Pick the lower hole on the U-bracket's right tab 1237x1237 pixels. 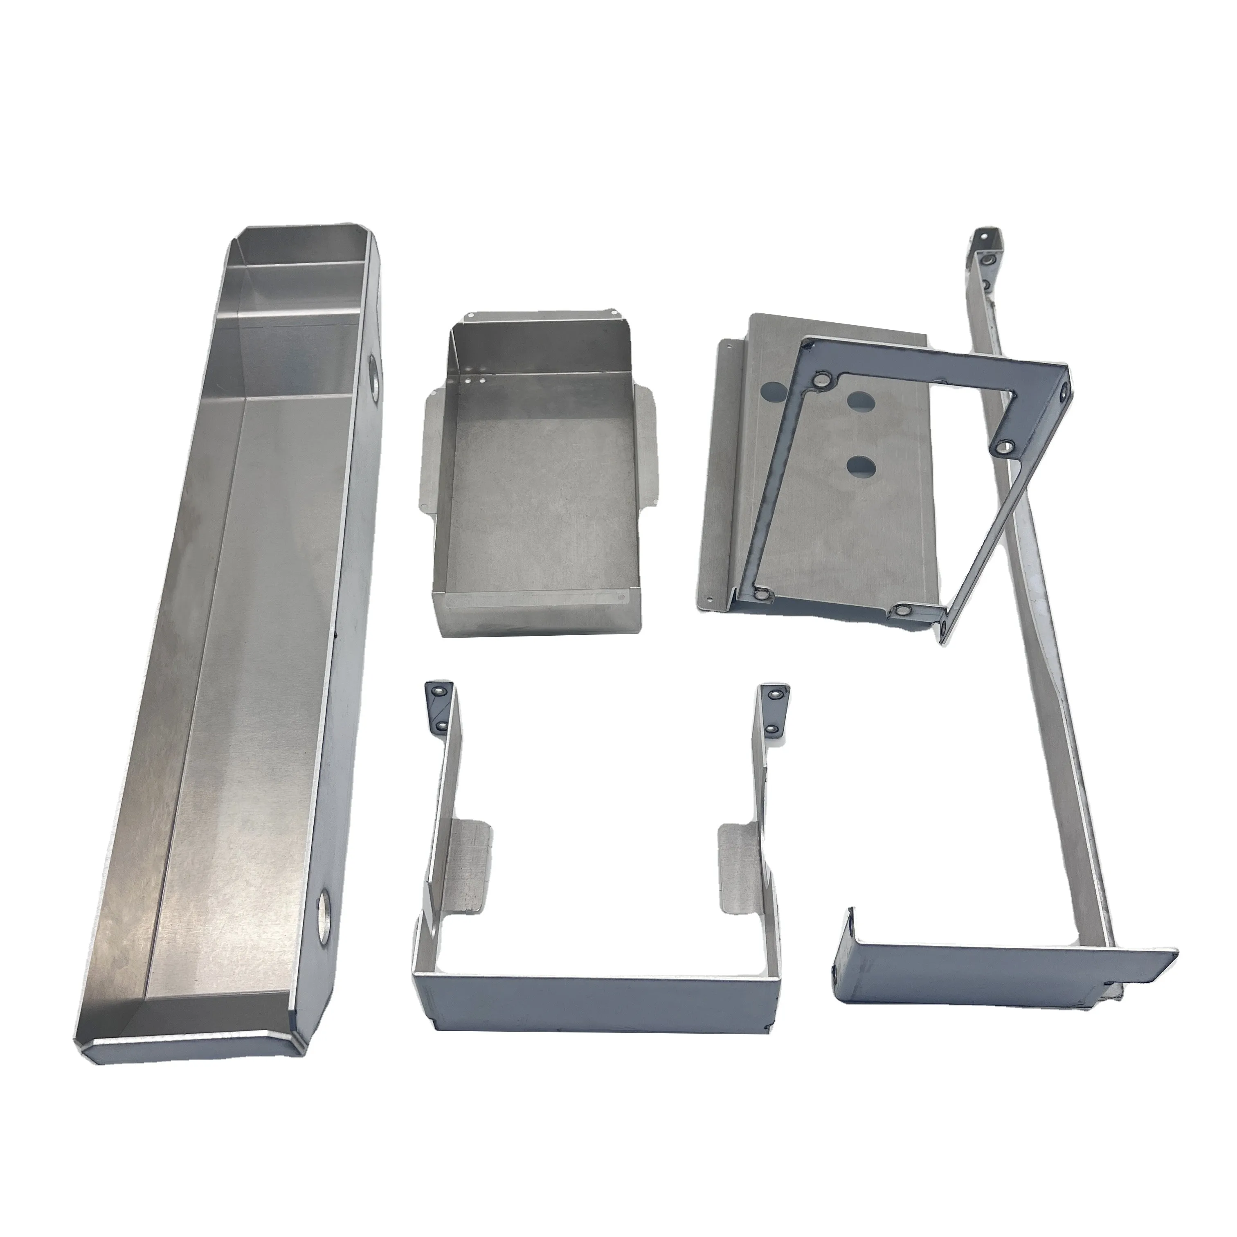click(x=773, y=729)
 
